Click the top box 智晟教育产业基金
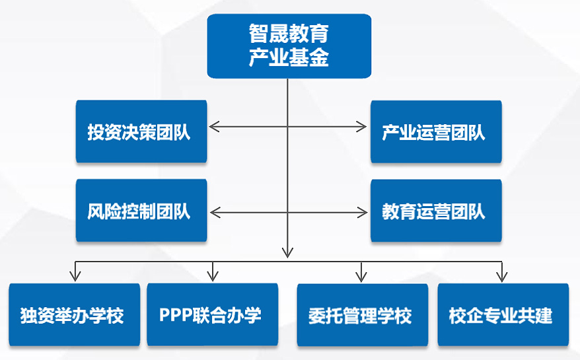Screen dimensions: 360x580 289,46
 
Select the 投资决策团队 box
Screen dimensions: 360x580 141,131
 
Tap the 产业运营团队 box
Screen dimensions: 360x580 436,131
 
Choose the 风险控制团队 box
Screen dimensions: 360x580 141,211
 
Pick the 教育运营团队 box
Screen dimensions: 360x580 436,211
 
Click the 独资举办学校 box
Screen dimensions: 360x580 74,314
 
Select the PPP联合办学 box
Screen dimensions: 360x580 212,314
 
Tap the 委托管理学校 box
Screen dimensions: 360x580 361,314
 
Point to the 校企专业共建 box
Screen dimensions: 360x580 502,314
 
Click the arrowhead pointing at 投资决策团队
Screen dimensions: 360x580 213,126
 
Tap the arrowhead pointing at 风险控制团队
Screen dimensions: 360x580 213,212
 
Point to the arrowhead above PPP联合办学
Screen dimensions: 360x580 213,275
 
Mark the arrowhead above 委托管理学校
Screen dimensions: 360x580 361,275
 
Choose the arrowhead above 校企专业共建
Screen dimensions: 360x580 501,275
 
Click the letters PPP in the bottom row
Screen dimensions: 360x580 175,315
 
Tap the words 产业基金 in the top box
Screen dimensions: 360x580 289,58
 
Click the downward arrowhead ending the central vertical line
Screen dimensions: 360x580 287,252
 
